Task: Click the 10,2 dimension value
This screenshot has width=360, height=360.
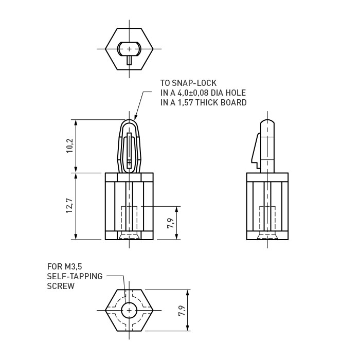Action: (70, 147)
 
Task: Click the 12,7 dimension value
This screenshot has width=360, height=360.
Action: (70, 206)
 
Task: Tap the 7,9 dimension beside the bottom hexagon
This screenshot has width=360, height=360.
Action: (182, 310)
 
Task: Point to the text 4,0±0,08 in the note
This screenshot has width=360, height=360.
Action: (195, 93)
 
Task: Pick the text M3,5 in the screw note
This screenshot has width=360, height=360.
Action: (73, 266)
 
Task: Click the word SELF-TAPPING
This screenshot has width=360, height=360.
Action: (75, 276)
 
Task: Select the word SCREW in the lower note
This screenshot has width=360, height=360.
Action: (61, 286)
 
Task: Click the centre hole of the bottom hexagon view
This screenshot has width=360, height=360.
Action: (129, 310)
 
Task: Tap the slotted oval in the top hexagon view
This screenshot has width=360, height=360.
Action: (129, 49)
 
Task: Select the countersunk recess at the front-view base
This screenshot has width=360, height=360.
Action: (129, 236)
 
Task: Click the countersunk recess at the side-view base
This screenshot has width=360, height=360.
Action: (267, 236)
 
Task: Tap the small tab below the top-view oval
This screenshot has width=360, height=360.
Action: (129, 60)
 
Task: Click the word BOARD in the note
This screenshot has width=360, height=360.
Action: (231, 102)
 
